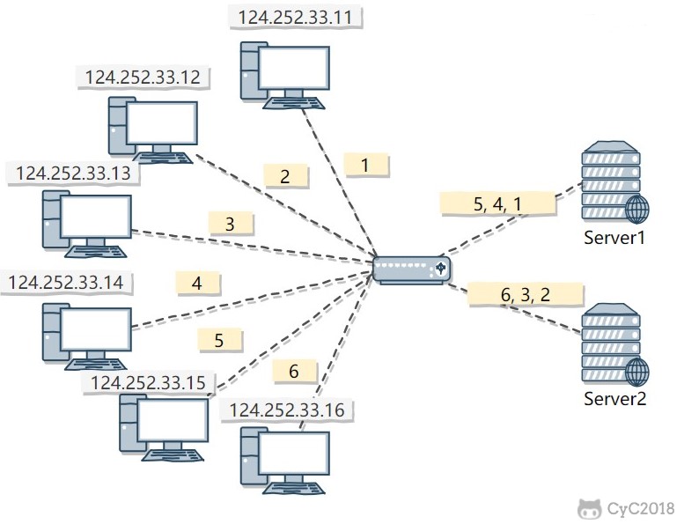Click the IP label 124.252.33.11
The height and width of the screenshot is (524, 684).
point(294,16)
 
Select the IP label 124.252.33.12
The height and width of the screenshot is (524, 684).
point(143,77)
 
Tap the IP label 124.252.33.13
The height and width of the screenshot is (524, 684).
point(73,173)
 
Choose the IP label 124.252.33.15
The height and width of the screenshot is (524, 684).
point(147,382)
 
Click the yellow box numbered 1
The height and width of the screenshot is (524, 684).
point(365,164)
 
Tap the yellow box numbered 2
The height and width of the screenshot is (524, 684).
point(284,176)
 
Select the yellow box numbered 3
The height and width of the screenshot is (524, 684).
point(230,224)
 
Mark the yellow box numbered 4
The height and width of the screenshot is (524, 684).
point(196,284)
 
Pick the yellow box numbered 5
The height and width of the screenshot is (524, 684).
point(219,339)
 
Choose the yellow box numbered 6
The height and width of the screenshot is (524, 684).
point(294,372)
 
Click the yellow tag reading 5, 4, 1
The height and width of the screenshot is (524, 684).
point(497,204)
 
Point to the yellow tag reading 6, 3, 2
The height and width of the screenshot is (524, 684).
point(526,294)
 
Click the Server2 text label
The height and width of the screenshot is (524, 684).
point(615,399)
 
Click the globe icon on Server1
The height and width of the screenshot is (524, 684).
point(636,210)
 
